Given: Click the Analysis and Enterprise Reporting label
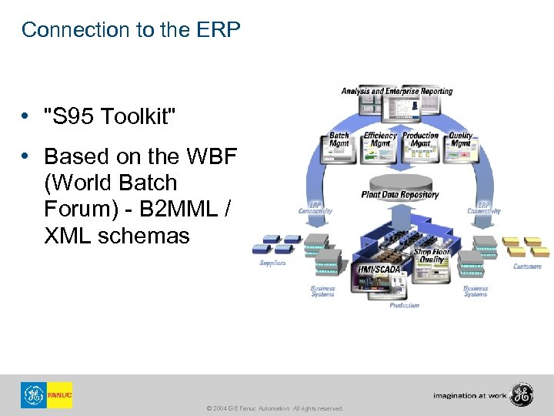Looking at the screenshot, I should pyautogui.click(x=397, y=91).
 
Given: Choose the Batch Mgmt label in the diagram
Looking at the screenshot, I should pyautogui.click(x=339, y=139).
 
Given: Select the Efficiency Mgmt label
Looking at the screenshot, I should pyautogui.click(x=380, y=139).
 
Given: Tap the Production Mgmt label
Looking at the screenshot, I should pyautogui.click(x=421, y=139).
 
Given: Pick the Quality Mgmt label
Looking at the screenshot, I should pyautogui.click(x=460, y=139).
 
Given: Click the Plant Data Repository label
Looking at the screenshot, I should pyautogui.click(x=400, y=195).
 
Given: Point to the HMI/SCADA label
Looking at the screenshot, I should pyautogui.click(x=379, y=269).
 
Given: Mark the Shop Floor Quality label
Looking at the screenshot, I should pyautogui.click(x=432, y=256).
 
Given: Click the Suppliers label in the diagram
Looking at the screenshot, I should pyautogui.click(x=272, y=263).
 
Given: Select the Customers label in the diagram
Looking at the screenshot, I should pyautogui.click(x=527, y=267).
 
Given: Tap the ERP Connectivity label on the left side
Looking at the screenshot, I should pyautogui.click(x=316, y=207).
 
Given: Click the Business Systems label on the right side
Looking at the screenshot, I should pyautogui.click(x=476, y=290).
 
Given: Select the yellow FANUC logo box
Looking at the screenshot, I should pyautogui.click(x=59, y=395).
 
